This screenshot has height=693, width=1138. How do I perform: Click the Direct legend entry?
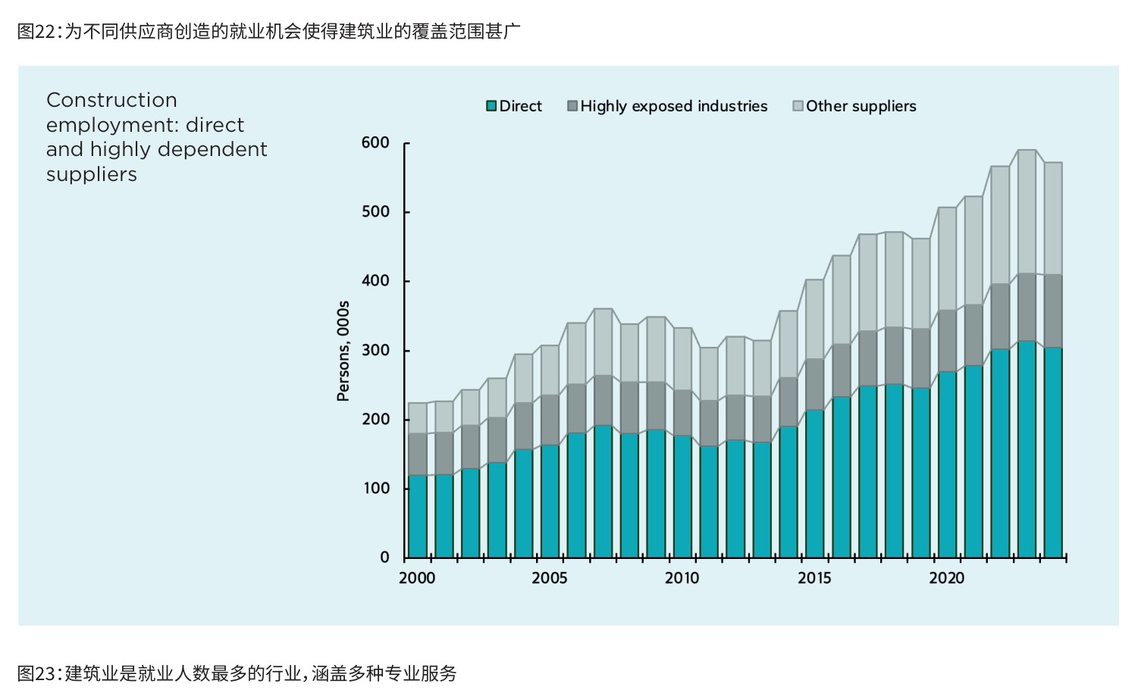coord(513,106)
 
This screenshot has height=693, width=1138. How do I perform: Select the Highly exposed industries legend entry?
coord(667,106)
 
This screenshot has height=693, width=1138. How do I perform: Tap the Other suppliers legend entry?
coord(854,106)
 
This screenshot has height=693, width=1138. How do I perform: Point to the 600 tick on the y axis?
coord(375,142)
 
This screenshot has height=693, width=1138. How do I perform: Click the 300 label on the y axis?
coord(375,351)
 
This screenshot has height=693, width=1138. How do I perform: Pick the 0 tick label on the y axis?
coord(384,557)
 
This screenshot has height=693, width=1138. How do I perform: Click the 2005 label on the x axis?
coord(549,579)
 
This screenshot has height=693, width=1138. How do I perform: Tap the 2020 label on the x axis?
coord(946,579)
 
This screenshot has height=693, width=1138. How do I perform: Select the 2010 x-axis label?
coord(682,579)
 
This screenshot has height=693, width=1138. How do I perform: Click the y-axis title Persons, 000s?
coord(343,351)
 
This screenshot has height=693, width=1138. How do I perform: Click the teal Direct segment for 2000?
coord(418,517)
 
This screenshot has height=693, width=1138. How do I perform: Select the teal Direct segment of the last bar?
coord(1053,453)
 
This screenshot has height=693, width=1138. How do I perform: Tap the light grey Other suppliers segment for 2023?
coord(1027,212)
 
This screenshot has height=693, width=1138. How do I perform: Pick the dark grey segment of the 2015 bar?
coord(815,384)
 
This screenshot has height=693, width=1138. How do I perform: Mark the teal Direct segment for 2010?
coord(682,497)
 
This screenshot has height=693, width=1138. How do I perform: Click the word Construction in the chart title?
coord(111,100)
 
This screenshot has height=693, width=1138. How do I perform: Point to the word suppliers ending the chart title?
coord(92,175)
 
